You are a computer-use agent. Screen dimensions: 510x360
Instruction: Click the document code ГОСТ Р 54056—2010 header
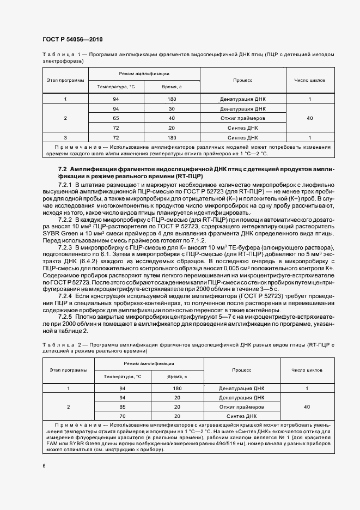(x=72, y=40)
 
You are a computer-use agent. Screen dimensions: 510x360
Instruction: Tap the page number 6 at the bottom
(x=44, y=465)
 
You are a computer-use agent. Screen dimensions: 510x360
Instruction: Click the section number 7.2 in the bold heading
(x=62, y=169)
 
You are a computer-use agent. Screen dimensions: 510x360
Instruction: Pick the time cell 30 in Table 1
(x=172, y=108)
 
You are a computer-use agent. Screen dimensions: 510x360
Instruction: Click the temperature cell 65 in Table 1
(x=115, y=118)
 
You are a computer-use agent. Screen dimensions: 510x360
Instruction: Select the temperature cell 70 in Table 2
(x=123, y=415)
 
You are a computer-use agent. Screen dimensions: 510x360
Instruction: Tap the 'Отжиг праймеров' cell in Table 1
(x=243, y=118)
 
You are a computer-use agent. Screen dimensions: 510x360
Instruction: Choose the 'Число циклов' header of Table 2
(x=307, y=369)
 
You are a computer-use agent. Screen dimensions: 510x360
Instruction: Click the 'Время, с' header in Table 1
(x=172, y=87)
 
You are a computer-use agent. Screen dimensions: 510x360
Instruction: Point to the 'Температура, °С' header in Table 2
(x=123, y=377)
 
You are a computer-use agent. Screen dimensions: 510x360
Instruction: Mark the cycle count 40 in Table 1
(x=309, y=118)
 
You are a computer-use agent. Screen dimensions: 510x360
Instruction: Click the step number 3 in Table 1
(x=65, y=138)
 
